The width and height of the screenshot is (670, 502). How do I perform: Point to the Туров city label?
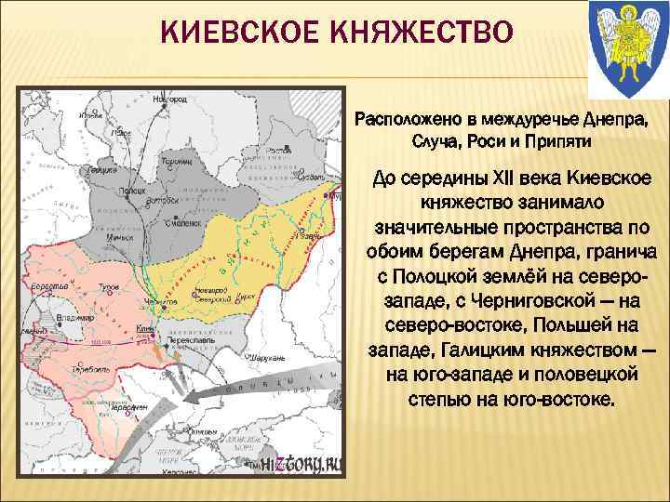112,289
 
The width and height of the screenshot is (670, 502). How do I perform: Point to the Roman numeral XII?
490,178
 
